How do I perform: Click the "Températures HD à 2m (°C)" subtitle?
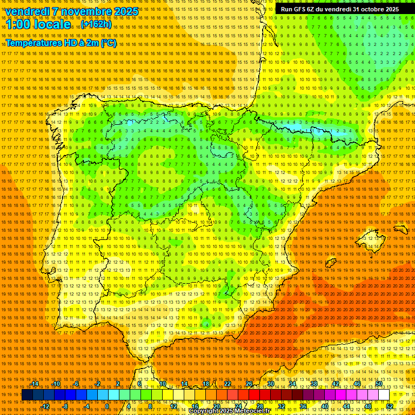61,43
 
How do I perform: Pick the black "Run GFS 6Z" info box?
340,9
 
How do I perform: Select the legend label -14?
35,384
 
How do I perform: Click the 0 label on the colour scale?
108,406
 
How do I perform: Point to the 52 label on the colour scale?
390,406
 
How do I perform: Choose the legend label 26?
249,384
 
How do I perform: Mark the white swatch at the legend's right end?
384,395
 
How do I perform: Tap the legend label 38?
313,384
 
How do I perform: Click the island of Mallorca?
372,238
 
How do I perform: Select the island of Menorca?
401,229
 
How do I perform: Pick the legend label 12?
173,406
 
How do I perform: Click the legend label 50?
379,384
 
